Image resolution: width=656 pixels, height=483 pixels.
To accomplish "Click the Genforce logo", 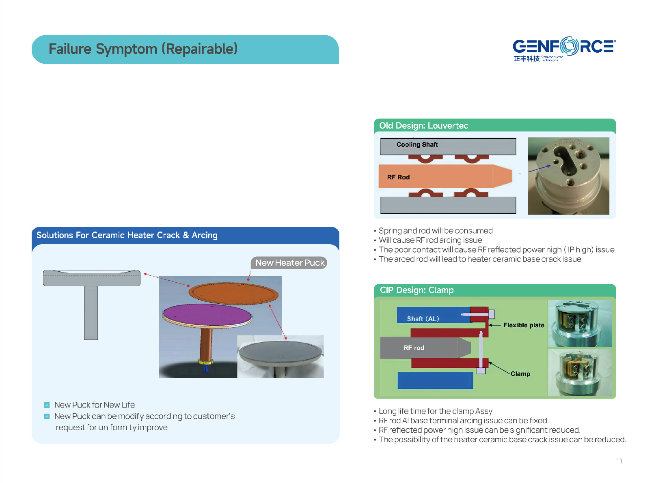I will tap(564, 49).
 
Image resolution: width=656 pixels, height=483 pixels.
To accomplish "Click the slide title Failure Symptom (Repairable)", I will tap(143, 49).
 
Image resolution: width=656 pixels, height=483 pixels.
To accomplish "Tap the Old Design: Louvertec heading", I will tap(423, 126).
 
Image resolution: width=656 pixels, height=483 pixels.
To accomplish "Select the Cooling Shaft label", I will tap(417, 145).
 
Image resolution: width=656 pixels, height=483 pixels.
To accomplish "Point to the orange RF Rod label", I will tap(398, 177).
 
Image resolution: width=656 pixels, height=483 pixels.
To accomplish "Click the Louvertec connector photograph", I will tap(568, 176).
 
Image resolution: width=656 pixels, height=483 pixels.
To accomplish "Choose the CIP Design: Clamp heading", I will tap(416, 290).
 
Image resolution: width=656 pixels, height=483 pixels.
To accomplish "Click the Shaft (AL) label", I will tap(423, 319).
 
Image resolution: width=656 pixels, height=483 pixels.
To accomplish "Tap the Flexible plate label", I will tap(523, 325).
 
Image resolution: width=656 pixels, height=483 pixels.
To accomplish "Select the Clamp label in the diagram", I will tap(520, 374).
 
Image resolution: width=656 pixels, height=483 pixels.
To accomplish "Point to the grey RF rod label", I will tap(414, 348).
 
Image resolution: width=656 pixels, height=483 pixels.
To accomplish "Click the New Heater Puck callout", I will tap(289, 263).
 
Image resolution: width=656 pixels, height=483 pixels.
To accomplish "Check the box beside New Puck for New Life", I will tap(47, 405).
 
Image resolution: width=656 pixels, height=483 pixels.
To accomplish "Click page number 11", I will tap(619, 461).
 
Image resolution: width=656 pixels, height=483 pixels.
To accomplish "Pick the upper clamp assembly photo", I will tap(580, 323).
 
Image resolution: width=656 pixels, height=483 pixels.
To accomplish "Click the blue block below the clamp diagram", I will tap(435, 381).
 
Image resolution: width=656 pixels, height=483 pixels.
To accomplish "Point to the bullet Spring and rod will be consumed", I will tap(435, 231).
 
